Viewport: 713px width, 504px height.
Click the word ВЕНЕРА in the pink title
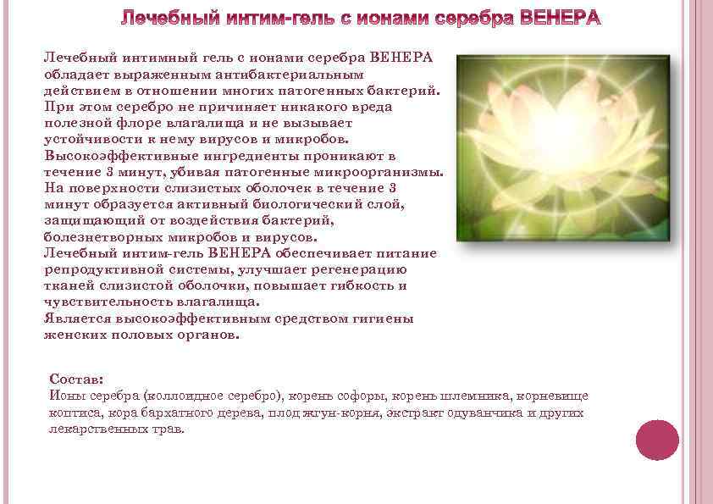(x=555, y=19)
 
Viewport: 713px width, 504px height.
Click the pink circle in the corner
(x=657, y=440)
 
